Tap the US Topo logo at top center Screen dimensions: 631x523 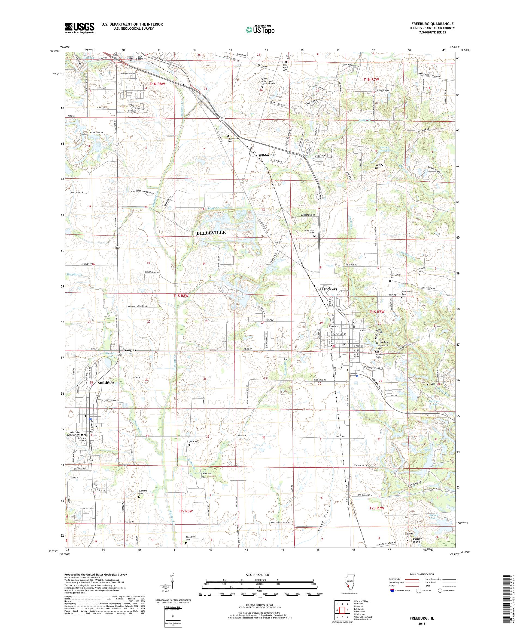pyautogui.click(x=260, y=29)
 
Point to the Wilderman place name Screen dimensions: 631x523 pyautogui.click(x=267, y=155)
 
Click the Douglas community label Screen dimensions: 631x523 pyautogui.click(x=130, y=350)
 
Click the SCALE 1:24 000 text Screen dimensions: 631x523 pyautogui.click(x=259, y=574)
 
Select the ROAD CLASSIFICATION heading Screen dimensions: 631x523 pyautogui.click(x=421, y=574)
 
